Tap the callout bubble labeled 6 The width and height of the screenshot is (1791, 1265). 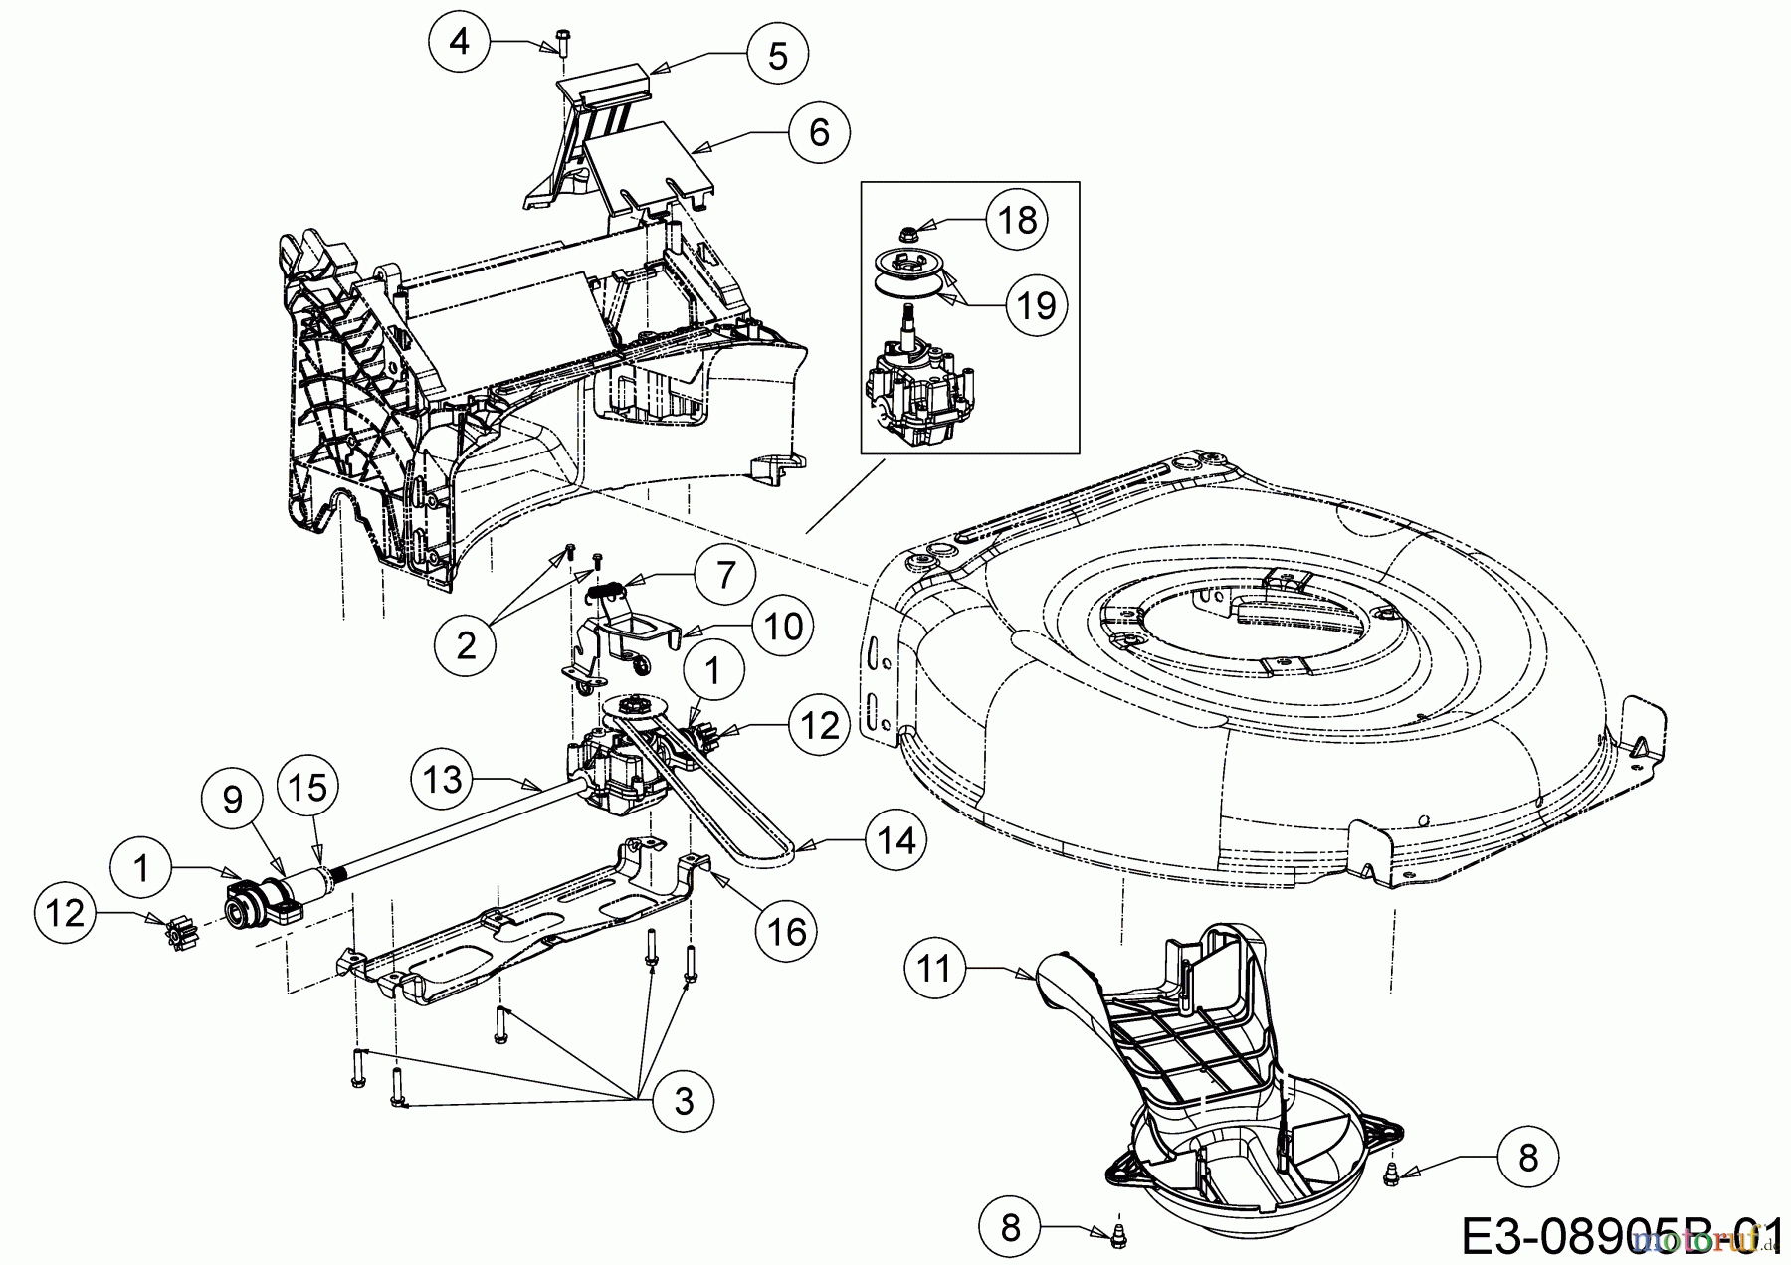(x=819, y=131)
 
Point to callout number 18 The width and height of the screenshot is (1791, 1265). (x=1017, y=219)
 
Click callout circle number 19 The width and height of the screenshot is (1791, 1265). (x=1036, y=304)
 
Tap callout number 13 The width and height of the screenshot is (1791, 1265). (x=444, y=779)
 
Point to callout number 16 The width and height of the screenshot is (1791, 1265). (x=786, y=931)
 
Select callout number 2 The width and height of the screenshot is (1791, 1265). (x=466, y=644)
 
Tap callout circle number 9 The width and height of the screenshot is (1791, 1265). (x=232, y=800)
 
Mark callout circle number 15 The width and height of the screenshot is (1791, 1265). (x=307, y=787)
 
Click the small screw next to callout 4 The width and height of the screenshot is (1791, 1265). (x=555, y=44)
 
